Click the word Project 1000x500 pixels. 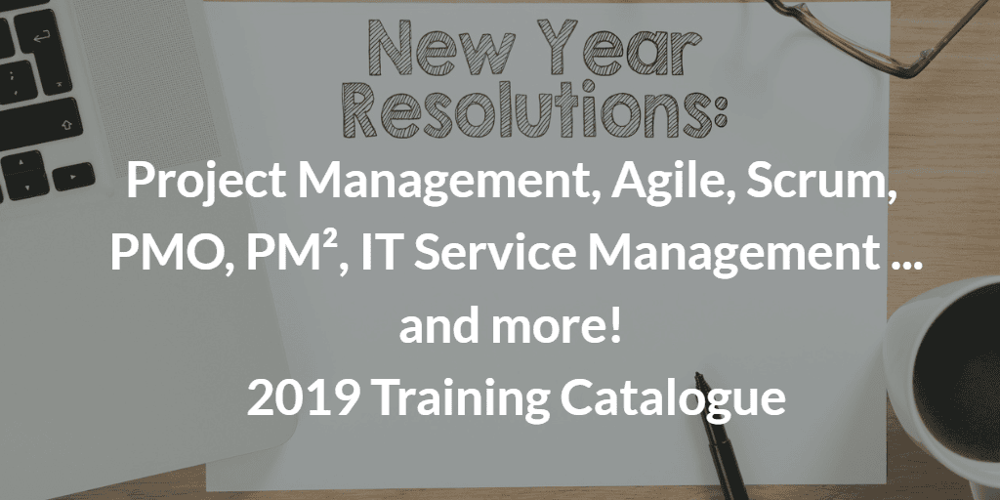205,182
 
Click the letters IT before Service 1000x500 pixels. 382,253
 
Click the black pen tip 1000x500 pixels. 699,377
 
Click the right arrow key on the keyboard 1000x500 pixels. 73,177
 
